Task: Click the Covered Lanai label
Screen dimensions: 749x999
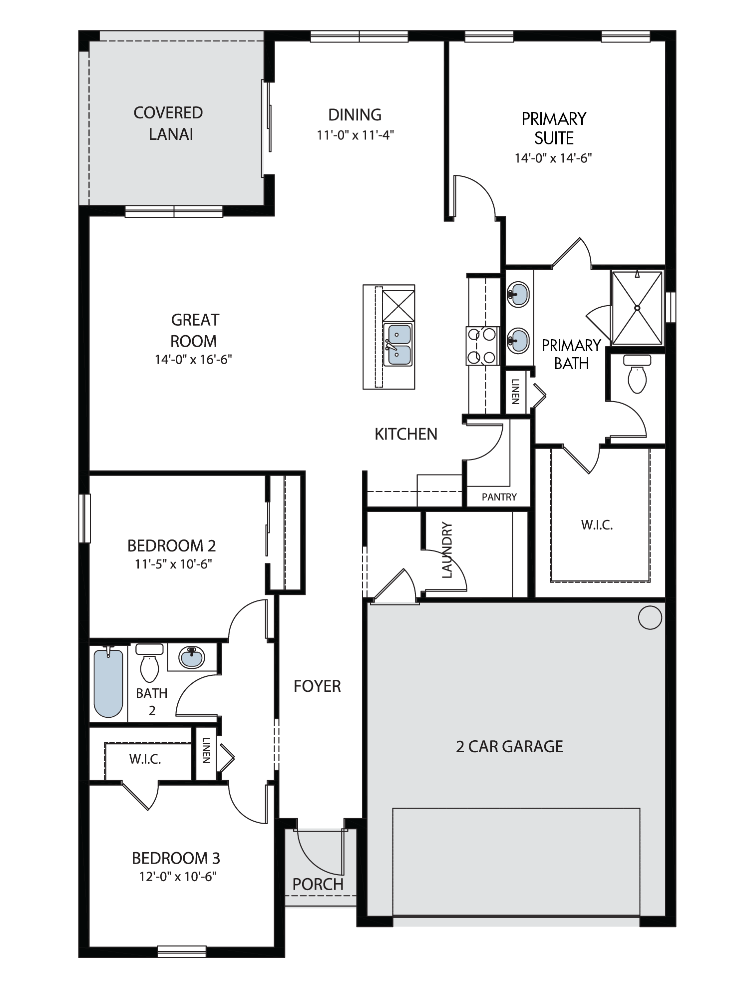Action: (168, 123)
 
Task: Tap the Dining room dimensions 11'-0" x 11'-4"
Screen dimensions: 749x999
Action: (355, 135)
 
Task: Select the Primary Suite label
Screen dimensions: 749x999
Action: (554, 128)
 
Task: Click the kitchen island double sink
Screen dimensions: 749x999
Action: (398, 345)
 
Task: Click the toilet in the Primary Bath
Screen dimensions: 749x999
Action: (637, 374)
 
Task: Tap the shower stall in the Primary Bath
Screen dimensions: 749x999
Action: (637, 308)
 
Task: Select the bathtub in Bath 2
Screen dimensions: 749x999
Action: (108, 682)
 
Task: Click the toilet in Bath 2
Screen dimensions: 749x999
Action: (149, 663)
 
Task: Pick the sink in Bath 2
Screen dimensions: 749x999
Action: (192, 657)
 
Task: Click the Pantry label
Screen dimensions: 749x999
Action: (499, 497)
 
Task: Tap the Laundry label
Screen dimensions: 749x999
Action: (447, 550)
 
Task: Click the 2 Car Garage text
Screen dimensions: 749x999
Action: (509, 746)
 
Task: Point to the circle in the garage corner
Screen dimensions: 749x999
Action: (650, 618)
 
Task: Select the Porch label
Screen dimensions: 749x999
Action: (318, 885)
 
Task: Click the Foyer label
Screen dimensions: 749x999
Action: (317, 686)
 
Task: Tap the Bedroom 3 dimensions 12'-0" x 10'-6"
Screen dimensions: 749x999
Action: (178, 877)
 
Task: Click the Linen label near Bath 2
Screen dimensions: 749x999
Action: (206, 750)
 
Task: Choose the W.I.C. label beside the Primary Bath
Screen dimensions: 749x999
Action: (597, 525)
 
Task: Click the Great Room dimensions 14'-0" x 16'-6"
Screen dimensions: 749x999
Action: (193, 360)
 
